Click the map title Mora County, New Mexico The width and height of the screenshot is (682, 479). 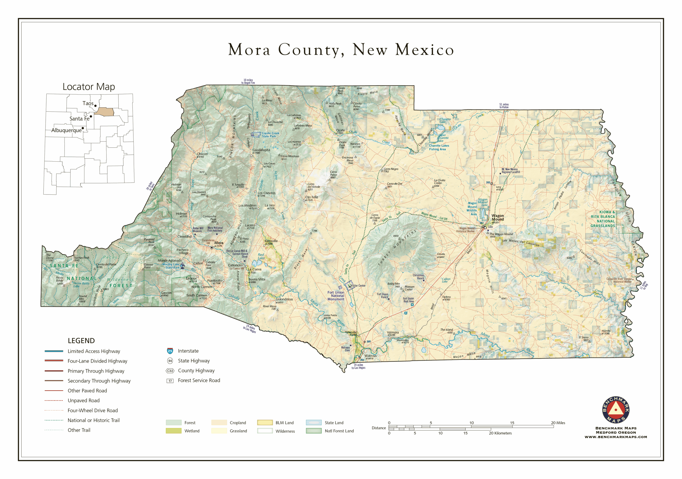coord(341,50)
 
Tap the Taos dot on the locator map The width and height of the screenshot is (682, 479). coord(95,106)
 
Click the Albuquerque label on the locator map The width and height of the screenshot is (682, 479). coord(66,130)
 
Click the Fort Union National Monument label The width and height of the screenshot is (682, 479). coord(336,296)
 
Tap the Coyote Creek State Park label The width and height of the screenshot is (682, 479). coord(270,135)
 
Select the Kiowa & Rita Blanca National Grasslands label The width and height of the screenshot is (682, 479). coord(603,219)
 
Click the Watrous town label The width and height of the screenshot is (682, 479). coord(370,355)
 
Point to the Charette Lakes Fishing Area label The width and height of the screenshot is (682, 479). coord(439,147)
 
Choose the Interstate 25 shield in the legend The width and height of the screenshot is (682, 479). coord(170,351)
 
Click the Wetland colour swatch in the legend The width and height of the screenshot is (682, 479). coord(173,431)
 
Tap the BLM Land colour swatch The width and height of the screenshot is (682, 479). coord(265,423)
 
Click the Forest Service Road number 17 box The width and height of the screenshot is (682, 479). coord(170,381)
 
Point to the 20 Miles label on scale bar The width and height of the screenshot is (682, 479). coord(558,423)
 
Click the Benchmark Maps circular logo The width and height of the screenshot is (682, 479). coord(615,410)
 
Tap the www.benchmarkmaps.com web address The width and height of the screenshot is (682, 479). coord(615,437)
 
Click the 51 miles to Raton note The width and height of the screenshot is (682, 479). coord(504,106)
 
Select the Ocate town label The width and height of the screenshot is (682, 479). coord(340,130)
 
